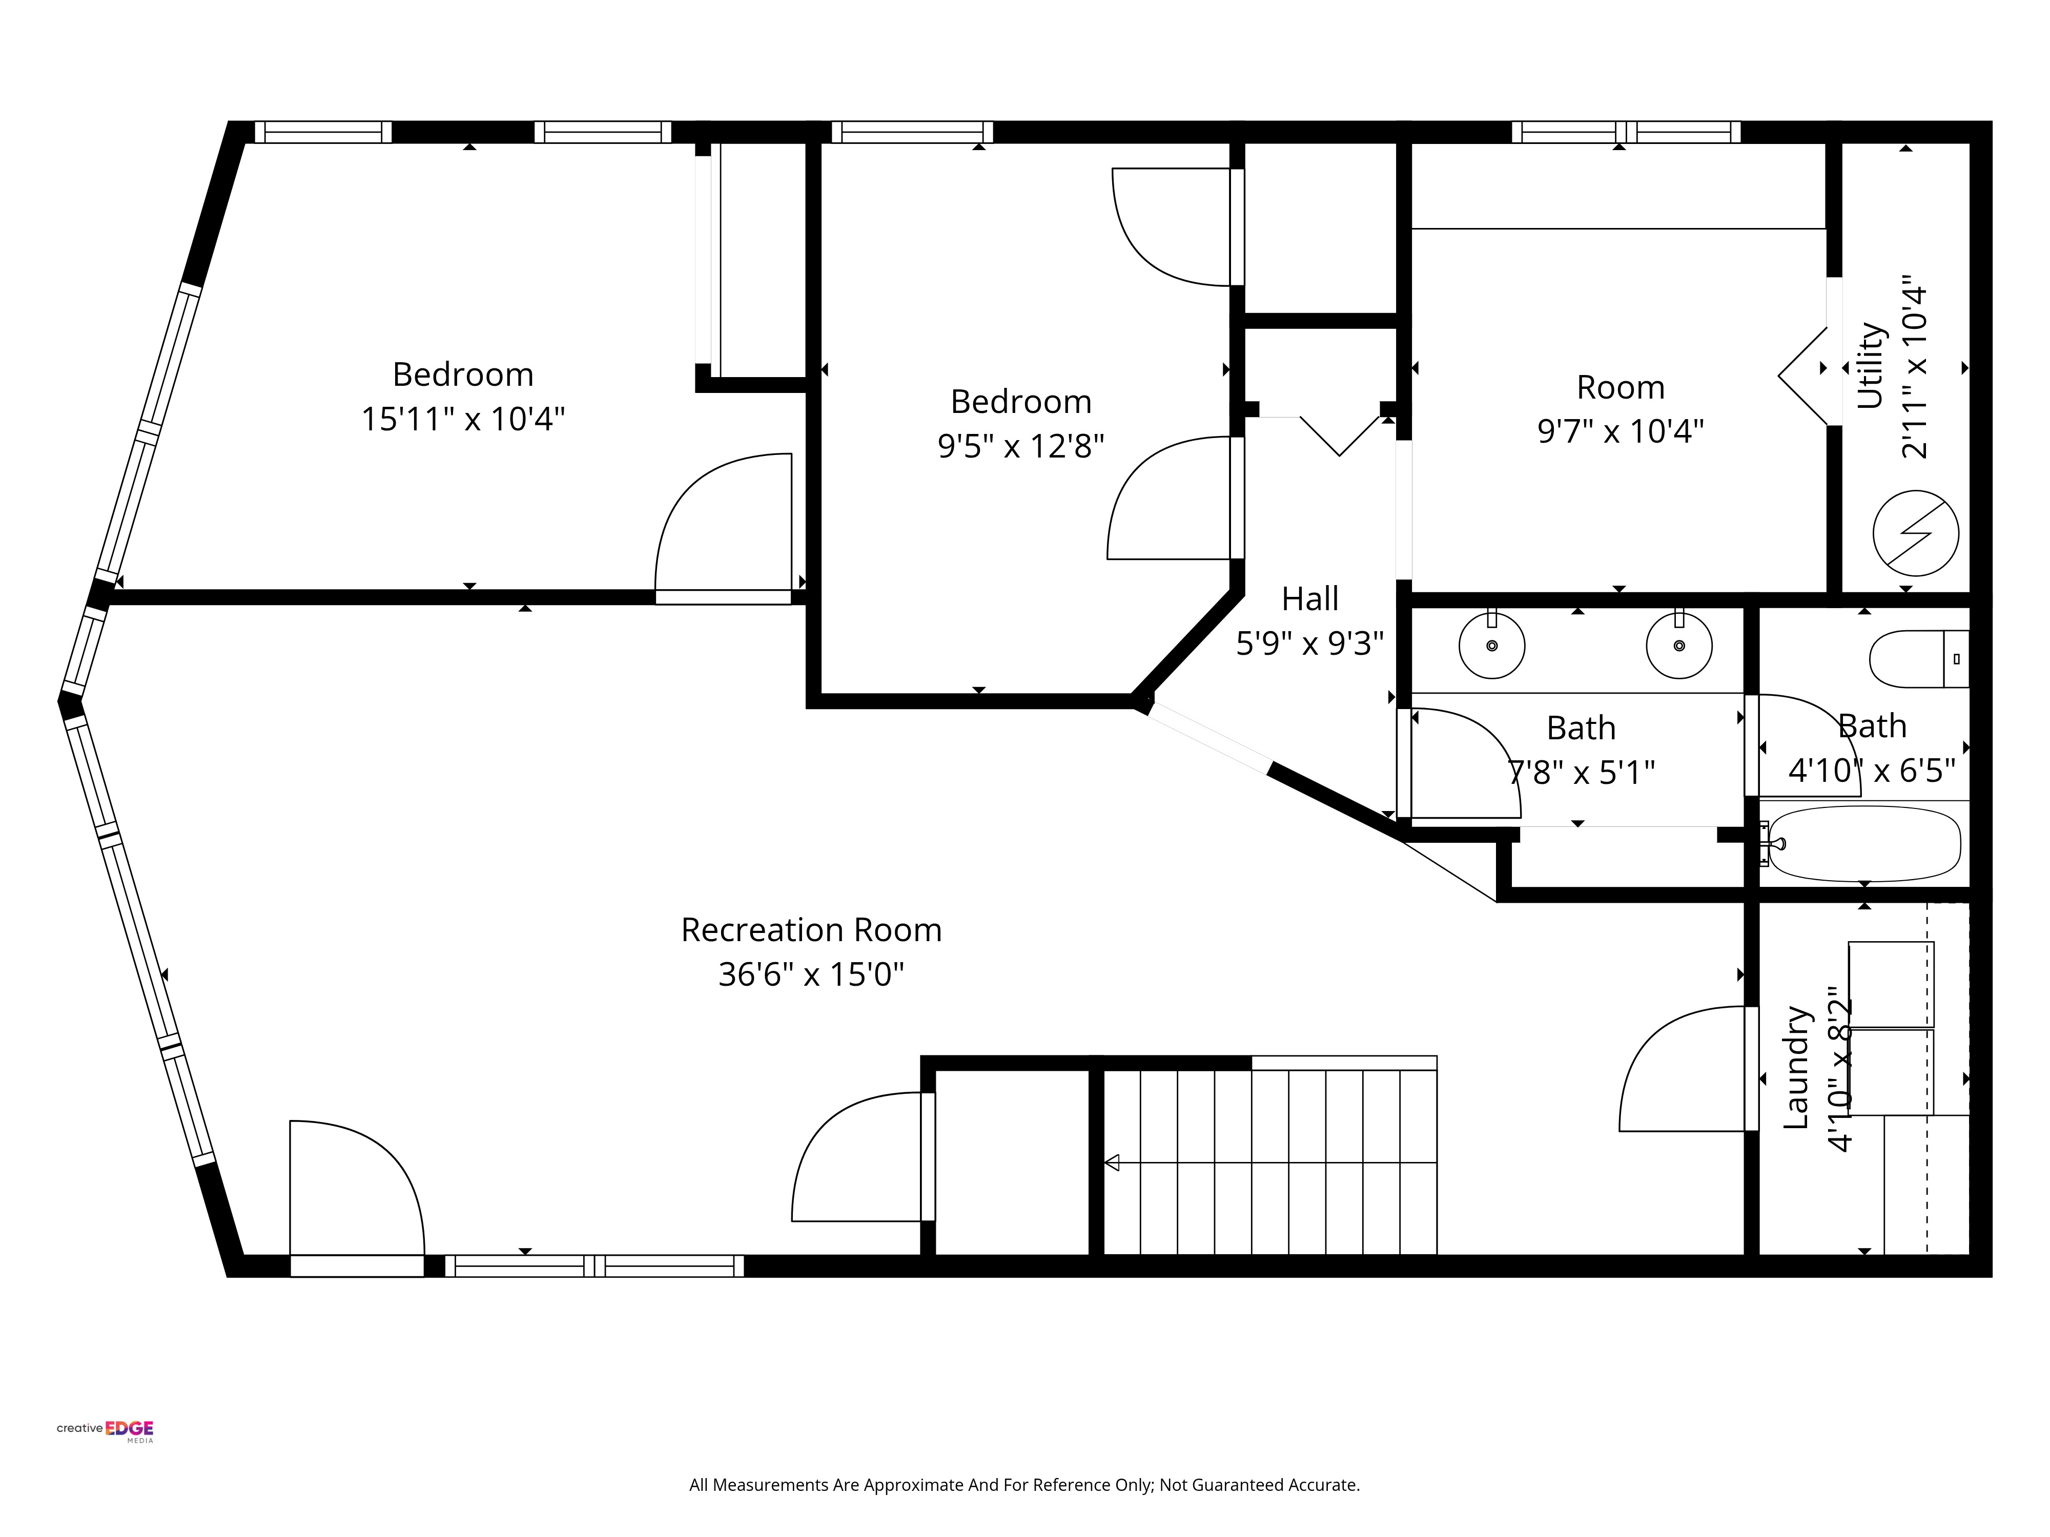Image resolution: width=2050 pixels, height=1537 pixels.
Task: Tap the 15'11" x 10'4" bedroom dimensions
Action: pos(462,419)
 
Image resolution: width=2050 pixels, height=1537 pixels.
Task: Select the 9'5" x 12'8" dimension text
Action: pos(1020,447)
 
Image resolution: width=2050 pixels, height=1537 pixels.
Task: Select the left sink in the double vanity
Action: pos(1491,646)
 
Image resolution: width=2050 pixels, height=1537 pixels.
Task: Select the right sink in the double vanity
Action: pos(1678,646)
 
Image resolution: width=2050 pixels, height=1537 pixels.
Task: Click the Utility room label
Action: pos(1870,366)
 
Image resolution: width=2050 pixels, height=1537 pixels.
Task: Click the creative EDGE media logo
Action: pos(106,1429)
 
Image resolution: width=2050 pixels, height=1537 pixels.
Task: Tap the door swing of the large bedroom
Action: pos(723,524)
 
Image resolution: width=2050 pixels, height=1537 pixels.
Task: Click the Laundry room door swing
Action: pos(1682,1070)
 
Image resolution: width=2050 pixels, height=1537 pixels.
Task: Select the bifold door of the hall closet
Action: pos(1339,435)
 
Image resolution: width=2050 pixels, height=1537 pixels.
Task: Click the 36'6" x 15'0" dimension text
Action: pos(811,974)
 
